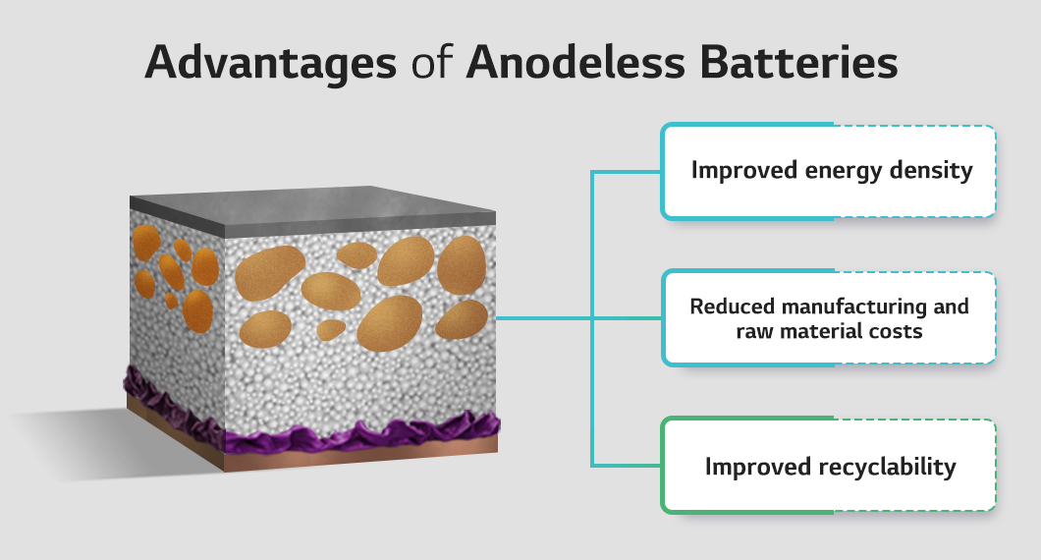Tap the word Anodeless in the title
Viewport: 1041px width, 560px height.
[575, 62]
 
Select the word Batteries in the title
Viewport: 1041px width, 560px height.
[798, 62]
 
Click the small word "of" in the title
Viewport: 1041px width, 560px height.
[431, 62]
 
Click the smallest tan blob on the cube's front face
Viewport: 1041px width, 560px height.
[330, 329]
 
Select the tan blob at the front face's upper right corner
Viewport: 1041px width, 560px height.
[462, 265]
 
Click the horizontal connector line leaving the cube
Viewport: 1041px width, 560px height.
[544, 318]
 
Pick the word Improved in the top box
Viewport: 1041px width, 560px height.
[744, 171]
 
